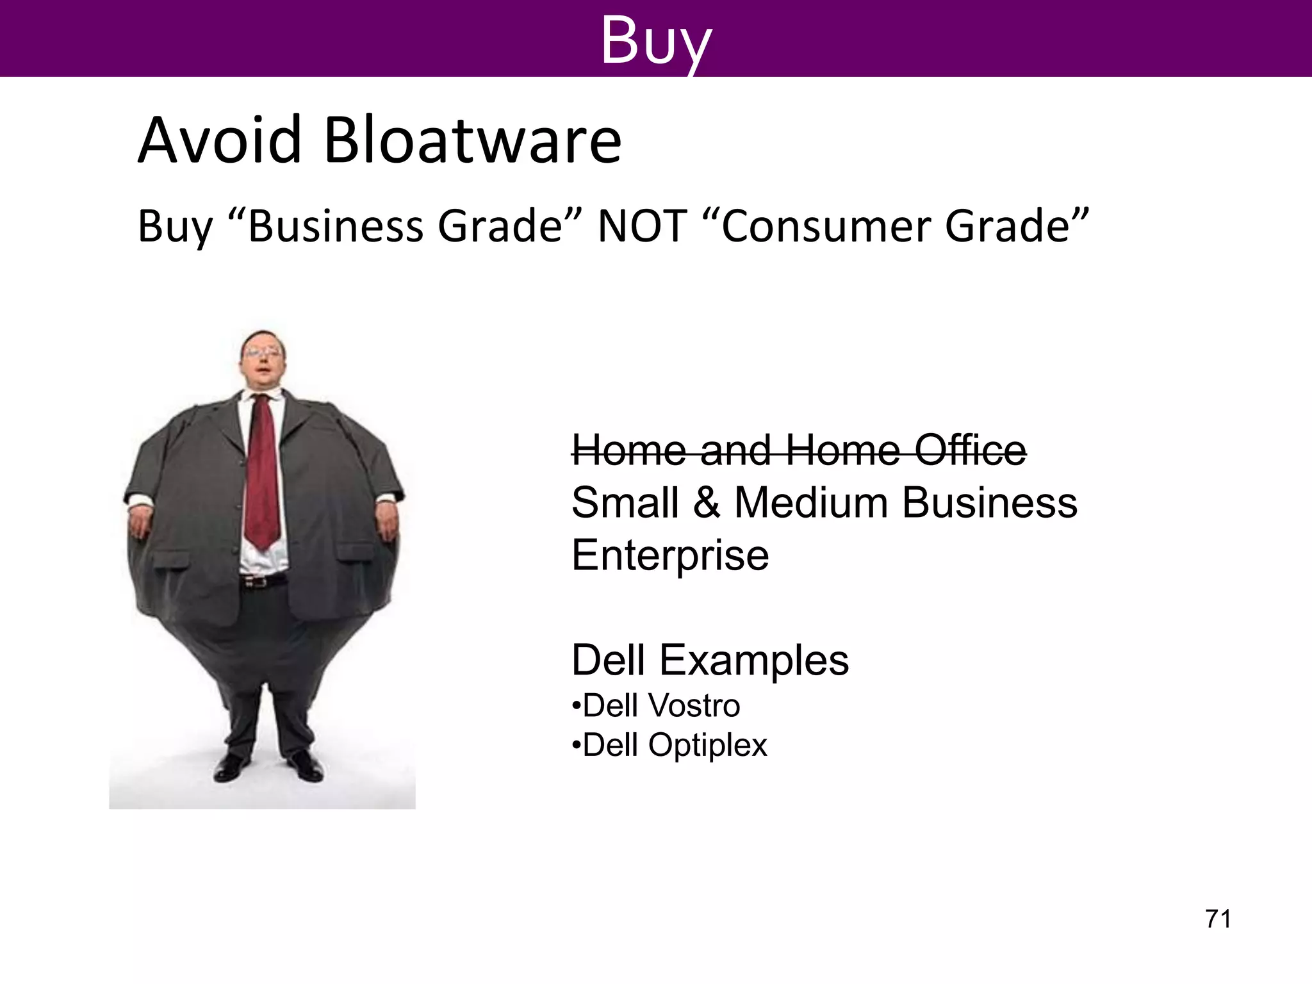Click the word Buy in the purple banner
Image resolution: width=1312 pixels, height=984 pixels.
[655, 40]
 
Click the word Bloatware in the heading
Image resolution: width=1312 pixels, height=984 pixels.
[472, 140]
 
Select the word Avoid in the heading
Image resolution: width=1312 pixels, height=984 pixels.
[220, 140]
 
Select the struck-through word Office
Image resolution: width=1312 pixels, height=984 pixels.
[970, 450]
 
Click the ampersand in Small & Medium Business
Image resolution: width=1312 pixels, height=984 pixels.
[706, 502]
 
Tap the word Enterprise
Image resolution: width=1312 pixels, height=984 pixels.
[670, 555]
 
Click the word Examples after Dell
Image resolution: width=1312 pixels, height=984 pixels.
[754, 660]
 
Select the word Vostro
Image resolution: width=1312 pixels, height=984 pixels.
[694, 706]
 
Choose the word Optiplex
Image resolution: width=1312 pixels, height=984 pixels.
[707, 745]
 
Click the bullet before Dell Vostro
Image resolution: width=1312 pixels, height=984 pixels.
[576, 706]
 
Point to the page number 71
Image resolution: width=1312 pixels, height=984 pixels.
[1218, 919]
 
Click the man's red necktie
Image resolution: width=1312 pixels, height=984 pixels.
[263, 474]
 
